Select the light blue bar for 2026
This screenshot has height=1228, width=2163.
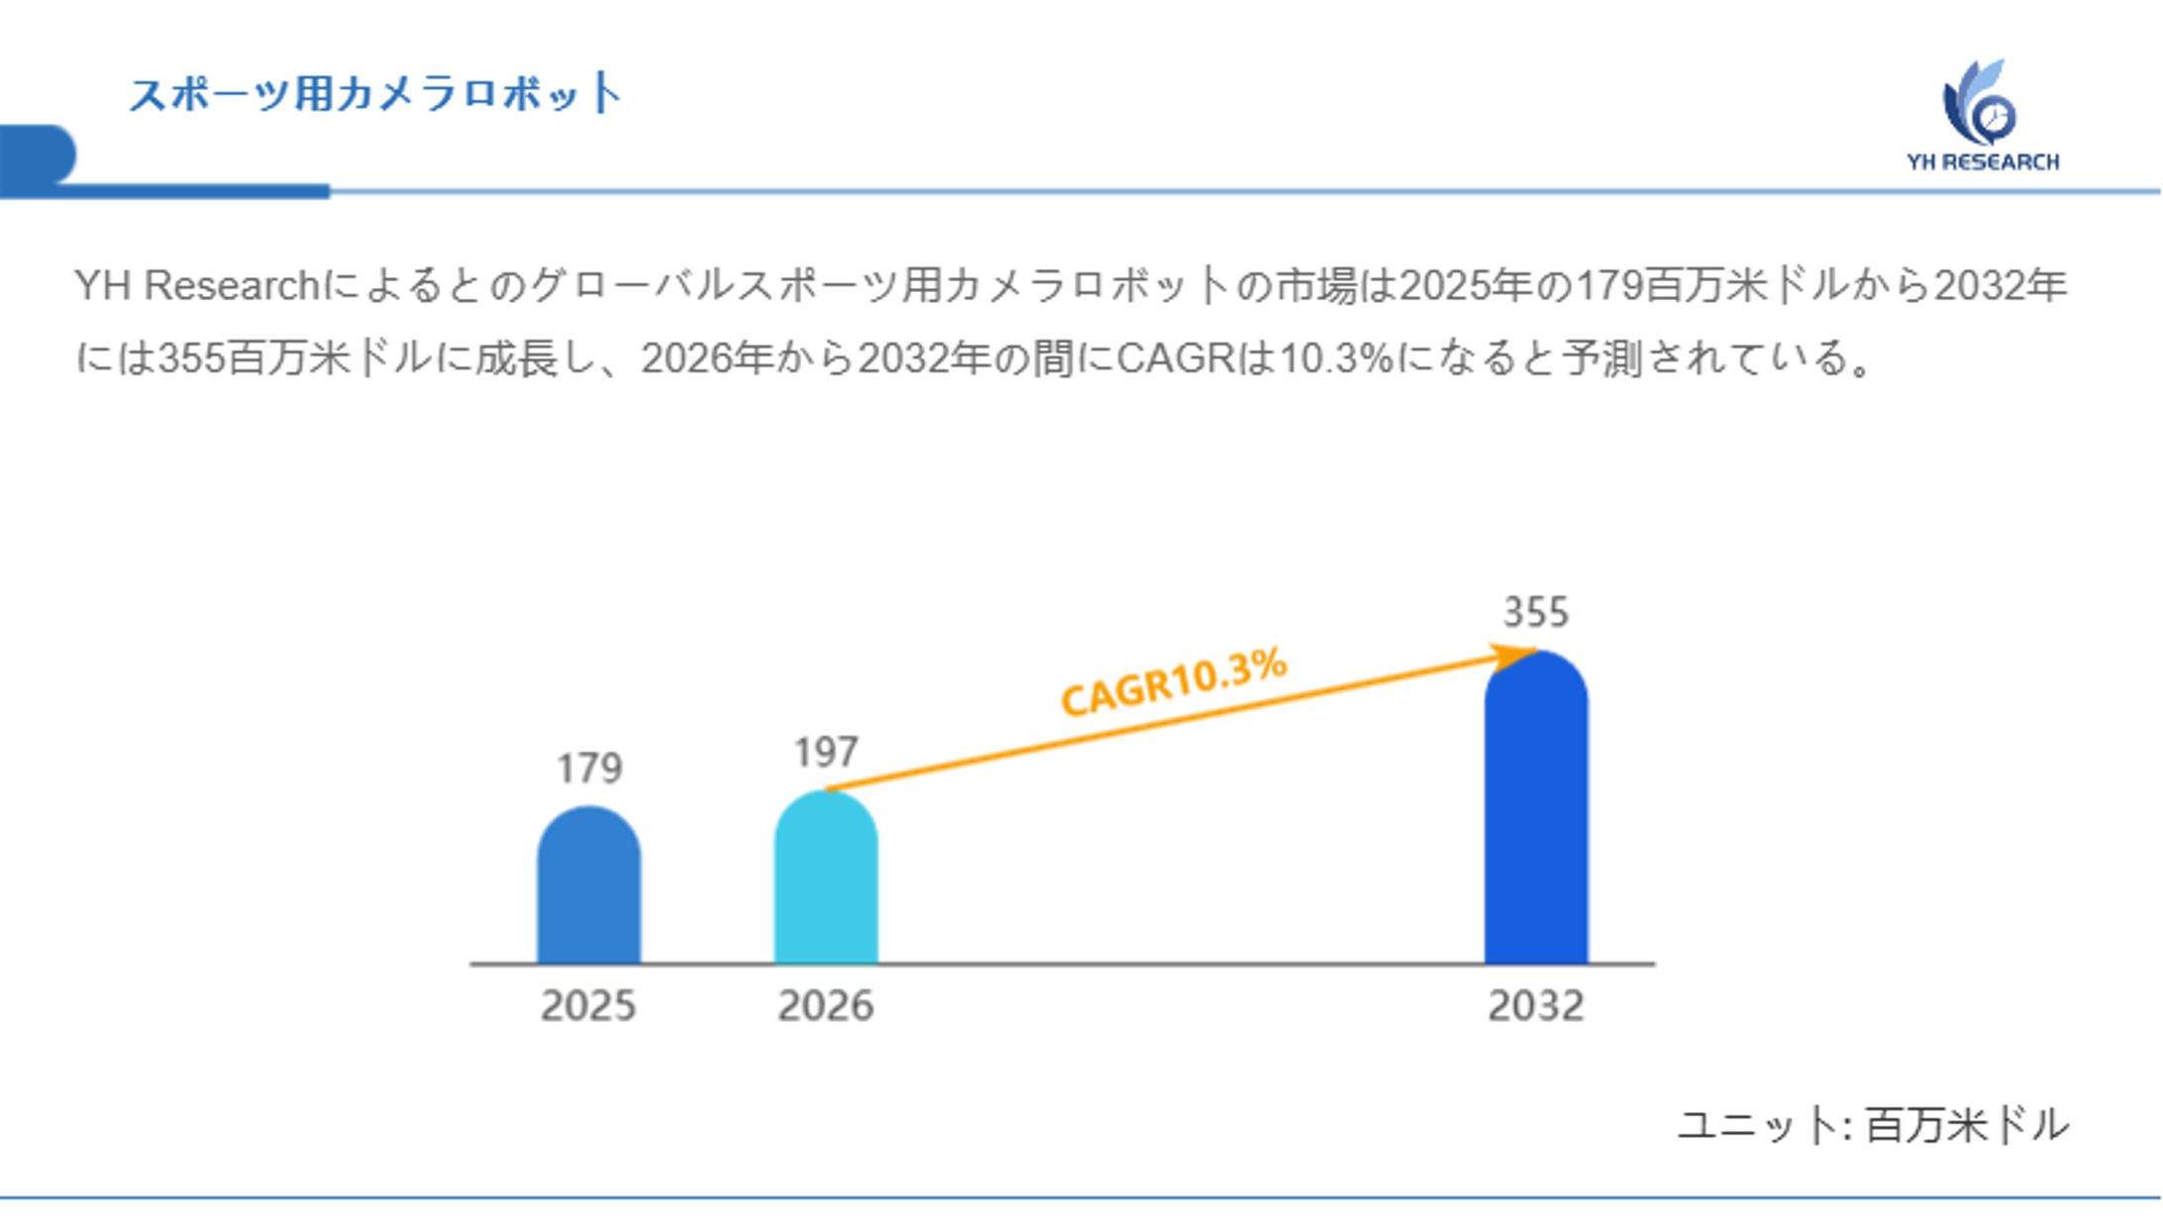tap(825, 876)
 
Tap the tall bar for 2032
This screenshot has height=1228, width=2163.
tap(1535, 807)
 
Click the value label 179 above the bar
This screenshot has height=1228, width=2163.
tap(589, 768)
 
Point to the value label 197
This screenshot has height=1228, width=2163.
tap(826, 753)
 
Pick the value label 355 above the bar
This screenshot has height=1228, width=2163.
tap(1536, 612)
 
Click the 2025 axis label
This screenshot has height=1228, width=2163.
tap(588, 1006)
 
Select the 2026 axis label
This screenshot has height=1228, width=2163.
tap(826, 1006)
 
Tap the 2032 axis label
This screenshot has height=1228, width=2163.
tap(1536, 1006)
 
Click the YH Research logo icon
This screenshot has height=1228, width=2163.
tap(1979, 103)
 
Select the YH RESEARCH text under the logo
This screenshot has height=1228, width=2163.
tap(1983, 162)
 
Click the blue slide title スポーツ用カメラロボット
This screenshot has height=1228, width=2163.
tap(374, 94)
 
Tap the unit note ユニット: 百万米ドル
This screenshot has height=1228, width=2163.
tap(1873, 1126)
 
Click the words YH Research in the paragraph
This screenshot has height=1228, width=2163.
tap(196, 286)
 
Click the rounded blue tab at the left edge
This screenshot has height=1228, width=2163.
tap(36, 155)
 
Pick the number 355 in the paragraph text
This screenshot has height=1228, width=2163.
tap(191, 358)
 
